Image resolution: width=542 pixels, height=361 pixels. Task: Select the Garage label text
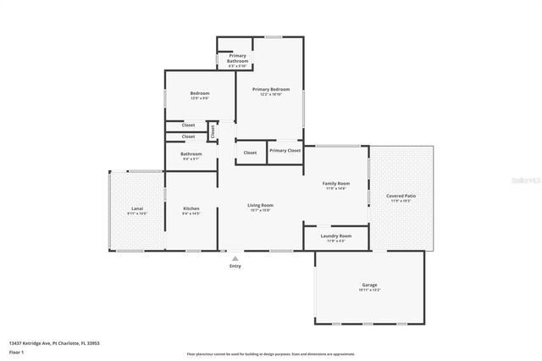coord(370,285)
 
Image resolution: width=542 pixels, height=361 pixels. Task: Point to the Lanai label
coord(136,208)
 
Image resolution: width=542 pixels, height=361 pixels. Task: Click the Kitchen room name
coord(191,208)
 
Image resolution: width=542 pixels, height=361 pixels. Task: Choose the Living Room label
coord(260,205)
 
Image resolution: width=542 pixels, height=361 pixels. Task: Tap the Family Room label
coord(335,183)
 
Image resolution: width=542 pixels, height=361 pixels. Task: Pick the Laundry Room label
coord(335,236)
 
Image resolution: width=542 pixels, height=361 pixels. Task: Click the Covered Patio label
coord(401,196)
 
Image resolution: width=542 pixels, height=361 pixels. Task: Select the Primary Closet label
coord(285,150)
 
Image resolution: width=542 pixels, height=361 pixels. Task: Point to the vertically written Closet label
coord(213,131)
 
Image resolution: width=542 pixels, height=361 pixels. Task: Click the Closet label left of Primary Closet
coord(250,153)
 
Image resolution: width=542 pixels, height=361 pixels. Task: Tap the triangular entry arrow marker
coord(235,258)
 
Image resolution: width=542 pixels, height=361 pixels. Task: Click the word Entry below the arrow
coord(235,266)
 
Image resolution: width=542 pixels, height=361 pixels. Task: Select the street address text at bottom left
coord(54,343)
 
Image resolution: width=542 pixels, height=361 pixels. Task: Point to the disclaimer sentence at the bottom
coord(271,354)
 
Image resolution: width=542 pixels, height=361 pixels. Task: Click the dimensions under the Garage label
coord(370,290)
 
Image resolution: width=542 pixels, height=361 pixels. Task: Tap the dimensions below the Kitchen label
coord(191,214)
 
